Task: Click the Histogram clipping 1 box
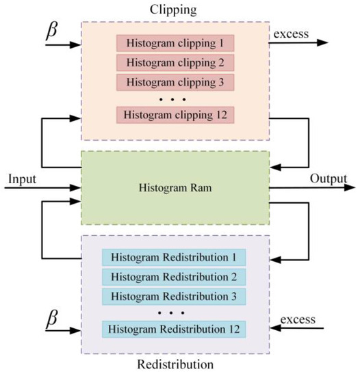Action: [175, 44]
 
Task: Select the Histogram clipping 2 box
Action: [175, 63]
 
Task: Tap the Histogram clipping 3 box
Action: [175, 82]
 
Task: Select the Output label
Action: [328, 178]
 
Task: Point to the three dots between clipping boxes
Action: [175, 98]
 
